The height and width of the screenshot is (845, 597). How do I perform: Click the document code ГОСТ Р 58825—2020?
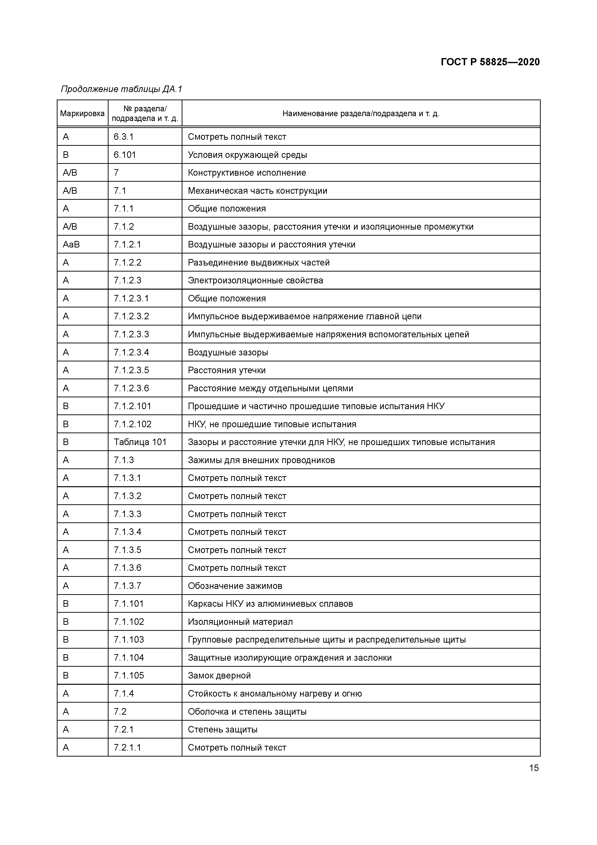click(490, 62)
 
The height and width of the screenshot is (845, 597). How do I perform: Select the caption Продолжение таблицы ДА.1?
click(121, 89)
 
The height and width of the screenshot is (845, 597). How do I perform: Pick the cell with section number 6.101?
click(125, 155)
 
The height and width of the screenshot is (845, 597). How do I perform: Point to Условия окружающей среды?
click(247, 155)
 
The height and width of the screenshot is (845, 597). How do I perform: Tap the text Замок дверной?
click(219, 676)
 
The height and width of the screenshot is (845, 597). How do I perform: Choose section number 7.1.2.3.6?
click(131, 388)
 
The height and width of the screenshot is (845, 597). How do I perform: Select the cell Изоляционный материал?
click(240, 622)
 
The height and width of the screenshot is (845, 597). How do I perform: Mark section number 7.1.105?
click(129, 676)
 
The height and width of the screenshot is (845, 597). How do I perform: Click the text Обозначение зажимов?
click(235, 586)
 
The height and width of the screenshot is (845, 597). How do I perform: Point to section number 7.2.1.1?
click(127, 747)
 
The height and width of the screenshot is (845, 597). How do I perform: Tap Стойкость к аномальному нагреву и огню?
click(275, 694)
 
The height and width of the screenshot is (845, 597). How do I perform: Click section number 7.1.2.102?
click(132, 424)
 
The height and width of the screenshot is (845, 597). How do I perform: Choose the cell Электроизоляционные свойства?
click(255, 280)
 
